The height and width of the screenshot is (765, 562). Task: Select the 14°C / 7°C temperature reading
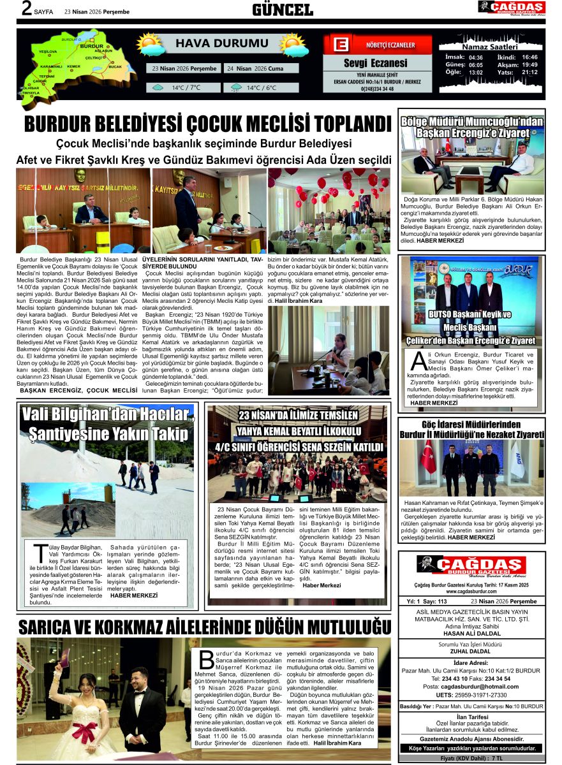tap(186, 88)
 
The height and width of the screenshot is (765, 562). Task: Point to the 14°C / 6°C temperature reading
tap(262, 88)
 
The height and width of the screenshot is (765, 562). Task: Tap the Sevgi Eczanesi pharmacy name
tap(375, 63)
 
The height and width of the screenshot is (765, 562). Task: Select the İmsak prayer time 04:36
tap(476, 57)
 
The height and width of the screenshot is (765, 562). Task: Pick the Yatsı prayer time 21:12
tap(529, 72)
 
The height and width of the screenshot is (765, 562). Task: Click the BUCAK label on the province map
tap(115, 66)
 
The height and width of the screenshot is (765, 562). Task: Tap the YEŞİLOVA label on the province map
tap(48, 51)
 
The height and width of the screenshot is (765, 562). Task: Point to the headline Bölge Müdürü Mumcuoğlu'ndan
tap(472, 121)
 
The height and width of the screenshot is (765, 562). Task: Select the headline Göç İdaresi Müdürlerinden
tap(471, 425)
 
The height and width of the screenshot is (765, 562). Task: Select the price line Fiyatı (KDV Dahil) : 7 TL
tap(471, 758)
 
